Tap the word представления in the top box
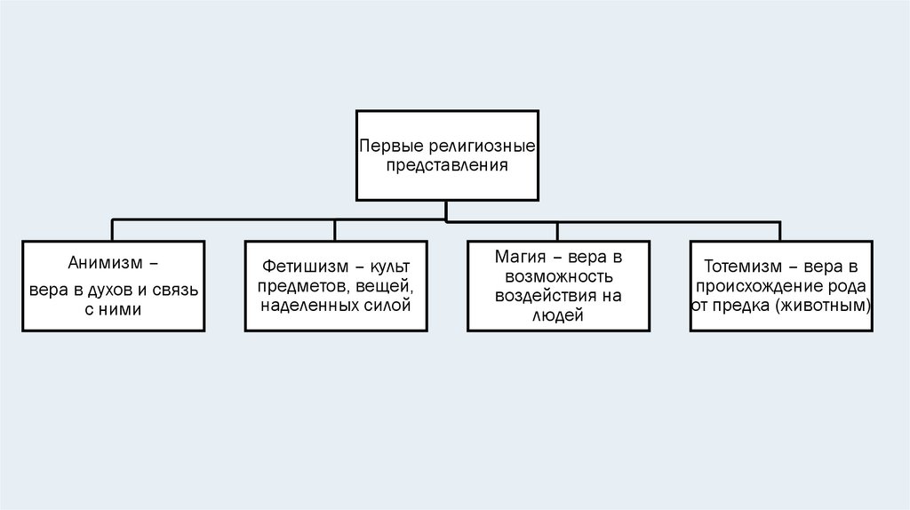[x=446, y=165]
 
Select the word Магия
[x=521, y=257]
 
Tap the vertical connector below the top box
[x=446, y=210]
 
